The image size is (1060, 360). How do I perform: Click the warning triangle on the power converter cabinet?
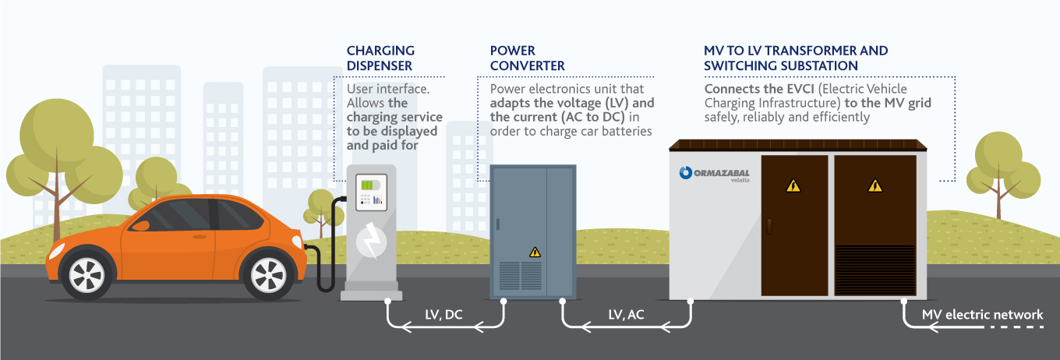coord(535,252)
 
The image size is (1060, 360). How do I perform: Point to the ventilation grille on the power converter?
coord(521,275)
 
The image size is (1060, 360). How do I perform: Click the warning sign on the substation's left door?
coord(793,185)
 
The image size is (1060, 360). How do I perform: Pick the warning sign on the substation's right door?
coord(874,185)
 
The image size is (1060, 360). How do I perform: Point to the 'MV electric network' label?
coord(982,315)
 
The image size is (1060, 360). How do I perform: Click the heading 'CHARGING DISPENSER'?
coord(380,58)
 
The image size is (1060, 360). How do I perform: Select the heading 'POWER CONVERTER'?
coord(528,58)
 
